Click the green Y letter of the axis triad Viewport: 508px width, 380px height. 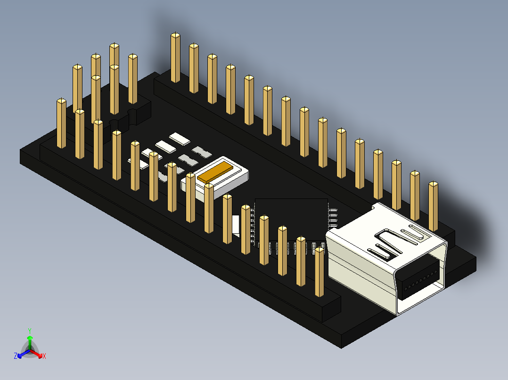29,331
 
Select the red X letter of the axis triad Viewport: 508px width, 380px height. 44,356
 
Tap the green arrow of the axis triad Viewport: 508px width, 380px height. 30,341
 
